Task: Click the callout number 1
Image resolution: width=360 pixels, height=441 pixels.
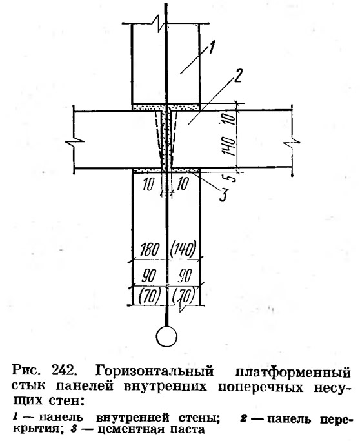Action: click(212, 48)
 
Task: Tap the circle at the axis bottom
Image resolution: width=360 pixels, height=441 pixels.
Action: click(166, 336)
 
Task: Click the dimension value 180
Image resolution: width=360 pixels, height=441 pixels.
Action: click(149, 249)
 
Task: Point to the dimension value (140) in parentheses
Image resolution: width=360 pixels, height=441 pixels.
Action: click(183, 249)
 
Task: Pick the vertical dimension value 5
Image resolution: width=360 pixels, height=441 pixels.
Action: click(231, 178)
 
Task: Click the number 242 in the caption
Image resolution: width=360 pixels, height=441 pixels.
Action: click(64, 371)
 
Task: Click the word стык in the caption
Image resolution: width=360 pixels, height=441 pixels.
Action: click(28, 386)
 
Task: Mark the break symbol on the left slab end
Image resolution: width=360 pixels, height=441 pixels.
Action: click(74, 140)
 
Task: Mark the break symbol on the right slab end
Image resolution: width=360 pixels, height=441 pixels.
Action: click(292, 144)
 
